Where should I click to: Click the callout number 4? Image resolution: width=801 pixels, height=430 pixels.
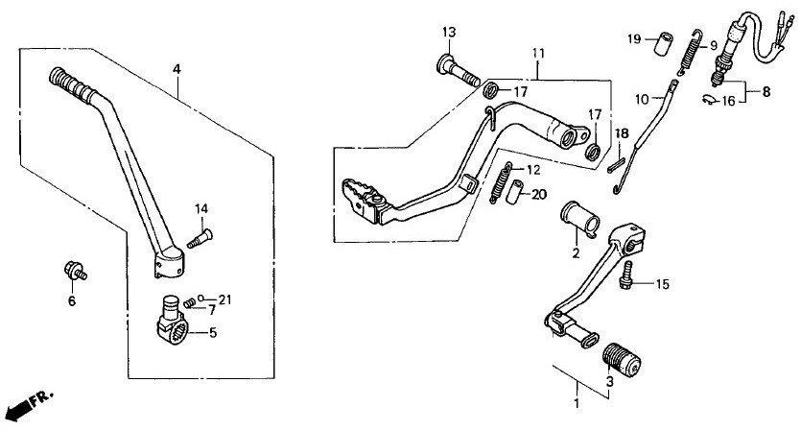[177, 69]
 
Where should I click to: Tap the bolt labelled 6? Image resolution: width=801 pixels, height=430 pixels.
[75, 270]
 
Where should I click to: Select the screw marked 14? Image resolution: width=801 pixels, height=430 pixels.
[200, 239]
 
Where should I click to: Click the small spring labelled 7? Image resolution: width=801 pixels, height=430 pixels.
[190, 302]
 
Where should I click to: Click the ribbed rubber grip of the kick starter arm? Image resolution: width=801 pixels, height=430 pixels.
[73, 84]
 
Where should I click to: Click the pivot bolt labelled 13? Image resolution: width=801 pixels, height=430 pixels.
[458, 72]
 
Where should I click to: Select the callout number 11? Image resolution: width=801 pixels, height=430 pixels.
[538, 53]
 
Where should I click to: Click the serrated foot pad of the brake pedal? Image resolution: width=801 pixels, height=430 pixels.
[362, 200]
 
